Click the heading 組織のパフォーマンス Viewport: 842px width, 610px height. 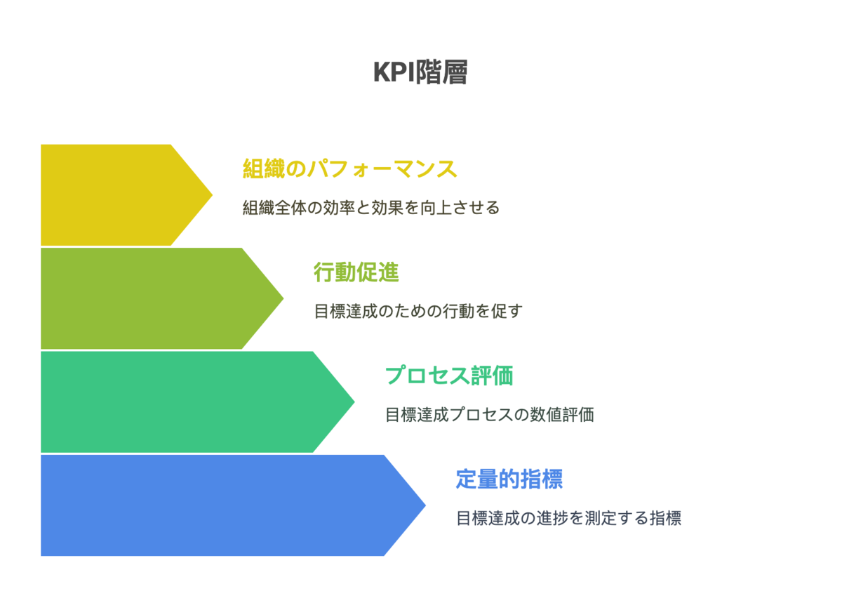coord(349,169)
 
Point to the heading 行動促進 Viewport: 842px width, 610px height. coord(356,272)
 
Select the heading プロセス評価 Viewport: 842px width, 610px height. coord(448,376)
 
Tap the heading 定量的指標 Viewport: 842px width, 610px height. coord(509,479)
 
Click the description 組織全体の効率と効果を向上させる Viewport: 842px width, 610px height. coord(370,208)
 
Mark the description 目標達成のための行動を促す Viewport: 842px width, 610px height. coord(418,311)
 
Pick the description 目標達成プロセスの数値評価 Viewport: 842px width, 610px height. coord(489,415)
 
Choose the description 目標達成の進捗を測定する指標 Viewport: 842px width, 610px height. coord(568,519)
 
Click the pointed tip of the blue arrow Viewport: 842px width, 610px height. coord(422,505)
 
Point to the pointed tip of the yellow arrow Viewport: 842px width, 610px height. coord(210,194)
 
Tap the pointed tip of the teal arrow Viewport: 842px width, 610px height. coord(352,402)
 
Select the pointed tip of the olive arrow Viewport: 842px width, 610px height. coord(281,298)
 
